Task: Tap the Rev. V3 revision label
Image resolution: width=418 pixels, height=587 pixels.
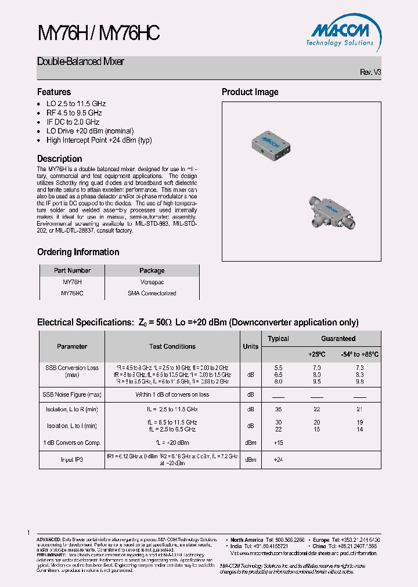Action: [x=370, y=72]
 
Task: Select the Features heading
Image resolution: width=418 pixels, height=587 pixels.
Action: [x=54, y=92]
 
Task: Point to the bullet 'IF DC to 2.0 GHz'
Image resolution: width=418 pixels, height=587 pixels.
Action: [x=73, y=122]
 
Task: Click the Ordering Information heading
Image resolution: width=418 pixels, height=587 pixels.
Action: [x=78, y=252]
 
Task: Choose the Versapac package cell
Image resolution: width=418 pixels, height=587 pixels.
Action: [x=152, y=282]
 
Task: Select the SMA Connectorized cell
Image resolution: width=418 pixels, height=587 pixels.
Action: [x=152, y=293]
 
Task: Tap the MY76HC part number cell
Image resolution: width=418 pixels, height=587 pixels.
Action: [x=72, y=293]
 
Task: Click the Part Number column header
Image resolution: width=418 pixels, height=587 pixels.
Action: [x=72, y=270]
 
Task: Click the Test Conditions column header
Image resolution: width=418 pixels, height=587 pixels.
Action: [x=172, y=346]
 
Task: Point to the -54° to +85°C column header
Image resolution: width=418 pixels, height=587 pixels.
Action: [x=360, y=354]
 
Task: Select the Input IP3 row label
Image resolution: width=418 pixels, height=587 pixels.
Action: [x=71, y=459]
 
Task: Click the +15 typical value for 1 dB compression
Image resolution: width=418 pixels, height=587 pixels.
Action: [x=278, y=443]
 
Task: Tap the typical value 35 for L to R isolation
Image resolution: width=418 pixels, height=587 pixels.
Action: [x=278, y=409]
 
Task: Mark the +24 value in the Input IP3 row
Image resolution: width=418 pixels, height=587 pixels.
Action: [x=278, y=459]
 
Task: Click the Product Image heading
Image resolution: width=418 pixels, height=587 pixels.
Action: [x=250, y=92]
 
